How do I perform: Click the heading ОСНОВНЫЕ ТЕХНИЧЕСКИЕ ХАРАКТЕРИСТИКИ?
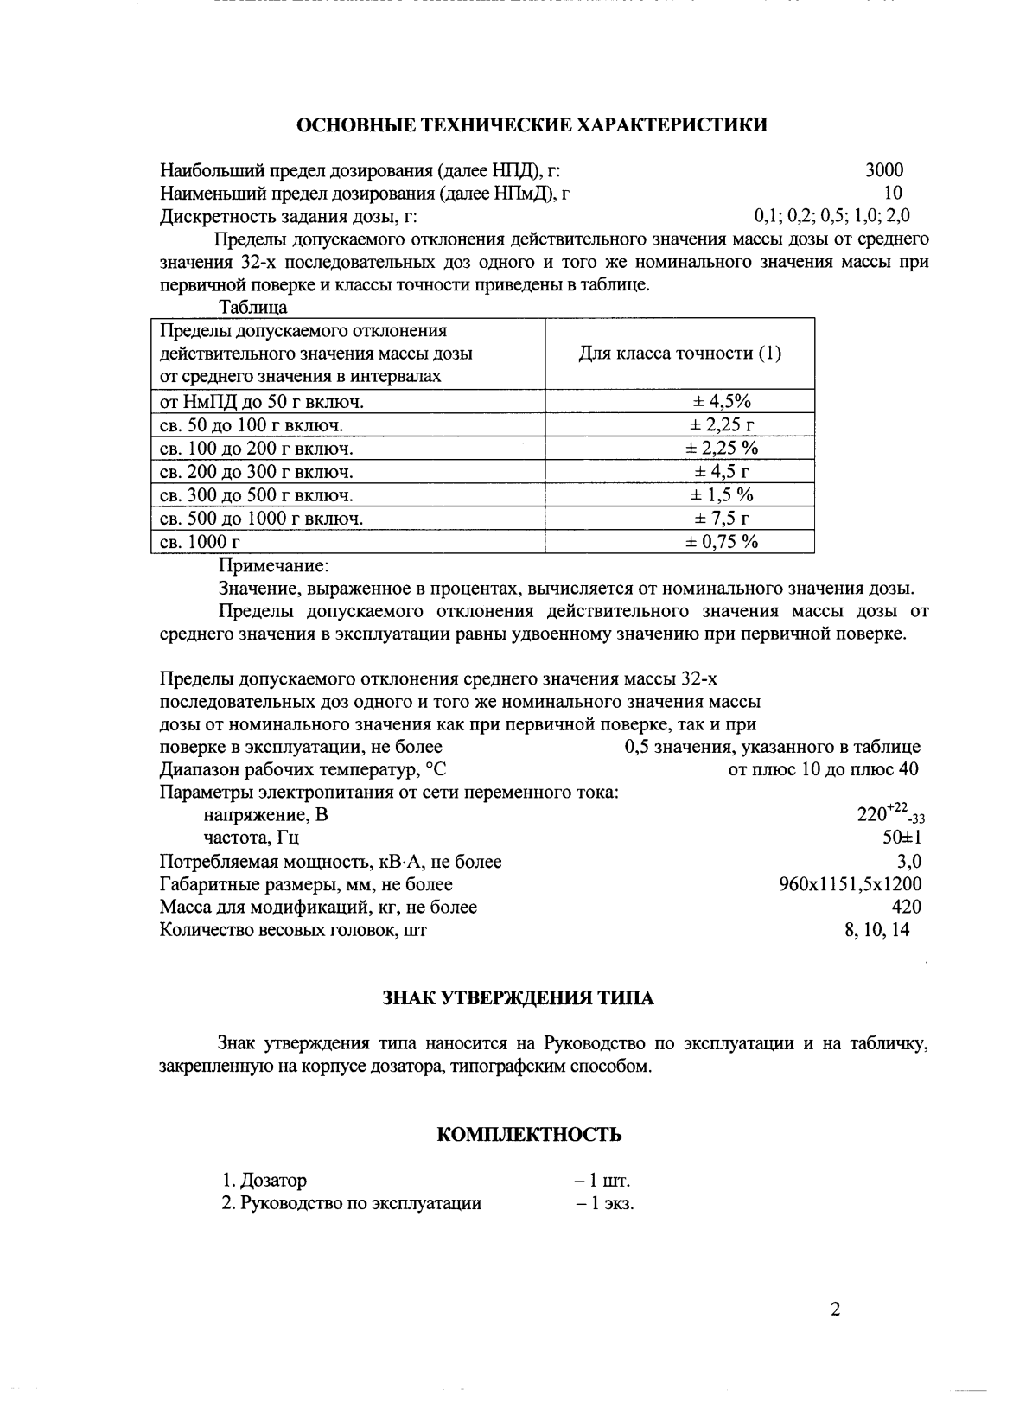532,125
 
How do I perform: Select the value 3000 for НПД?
884,170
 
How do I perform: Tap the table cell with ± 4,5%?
722,401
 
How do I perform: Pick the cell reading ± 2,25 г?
722,424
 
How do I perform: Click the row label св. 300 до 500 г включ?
257,495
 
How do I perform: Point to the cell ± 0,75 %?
722,542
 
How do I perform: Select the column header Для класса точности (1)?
679,354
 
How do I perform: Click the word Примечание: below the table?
273,566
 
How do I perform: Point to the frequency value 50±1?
901,838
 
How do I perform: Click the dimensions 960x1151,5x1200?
850,884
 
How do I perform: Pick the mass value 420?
906,907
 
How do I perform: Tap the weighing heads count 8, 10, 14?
876,930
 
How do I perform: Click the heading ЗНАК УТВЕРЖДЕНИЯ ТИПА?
519,998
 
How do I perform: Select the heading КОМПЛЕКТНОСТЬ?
530,1135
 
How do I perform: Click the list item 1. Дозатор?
264,1181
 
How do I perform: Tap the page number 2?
835,1309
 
